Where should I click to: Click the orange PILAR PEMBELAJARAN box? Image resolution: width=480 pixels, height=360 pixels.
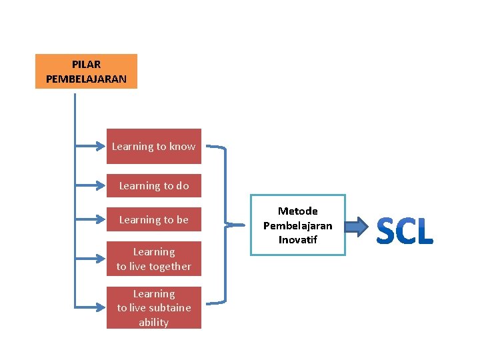point(86,71)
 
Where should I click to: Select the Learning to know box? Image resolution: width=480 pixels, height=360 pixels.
point(153,146)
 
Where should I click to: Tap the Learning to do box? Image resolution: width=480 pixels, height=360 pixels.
point(153,186)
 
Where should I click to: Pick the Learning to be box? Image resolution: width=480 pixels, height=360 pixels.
point(153,219)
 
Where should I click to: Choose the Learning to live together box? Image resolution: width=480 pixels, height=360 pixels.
point(153,259)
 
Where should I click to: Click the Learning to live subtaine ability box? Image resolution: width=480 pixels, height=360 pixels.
point(153,307)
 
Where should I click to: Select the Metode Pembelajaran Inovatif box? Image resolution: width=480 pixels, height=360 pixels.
point(297,225)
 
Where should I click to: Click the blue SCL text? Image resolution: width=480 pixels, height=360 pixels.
point(405,231)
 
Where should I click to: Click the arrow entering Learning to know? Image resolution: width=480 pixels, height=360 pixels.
point(91,146)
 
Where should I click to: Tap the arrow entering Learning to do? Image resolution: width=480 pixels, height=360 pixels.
point(91,186)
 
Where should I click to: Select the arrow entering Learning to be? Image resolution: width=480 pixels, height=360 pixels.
point(91,219)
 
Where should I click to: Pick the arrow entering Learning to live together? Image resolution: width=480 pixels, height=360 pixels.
point(91,259)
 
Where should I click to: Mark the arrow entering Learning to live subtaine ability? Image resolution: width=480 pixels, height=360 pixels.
point(91,307)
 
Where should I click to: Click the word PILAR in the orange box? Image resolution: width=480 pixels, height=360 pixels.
point(86,65)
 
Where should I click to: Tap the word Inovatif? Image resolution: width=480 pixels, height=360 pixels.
point(297,240)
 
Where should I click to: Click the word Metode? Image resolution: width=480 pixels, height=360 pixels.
point(297,211)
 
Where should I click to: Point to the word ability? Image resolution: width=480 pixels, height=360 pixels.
point(153,322)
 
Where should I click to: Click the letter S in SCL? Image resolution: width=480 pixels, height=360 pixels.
point(387,231)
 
